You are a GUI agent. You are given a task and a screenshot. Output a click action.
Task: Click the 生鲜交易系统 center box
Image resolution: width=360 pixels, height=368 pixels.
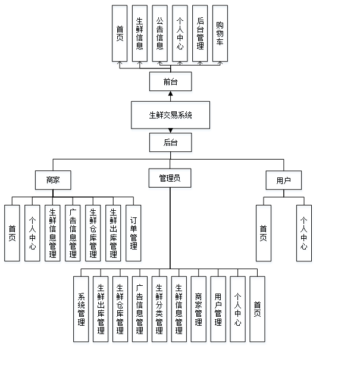[171, 116]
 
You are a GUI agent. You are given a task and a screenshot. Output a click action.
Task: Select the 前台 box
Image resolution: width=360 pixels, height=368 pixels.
[171, 83]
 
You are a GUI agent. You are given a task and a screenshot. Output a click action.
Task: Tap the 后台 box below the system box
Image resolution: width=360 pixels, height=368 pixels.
[171, 144]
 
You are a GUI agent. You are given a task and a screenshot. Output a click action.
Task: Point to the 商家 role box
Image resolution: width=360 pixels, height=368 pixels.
[54, 181]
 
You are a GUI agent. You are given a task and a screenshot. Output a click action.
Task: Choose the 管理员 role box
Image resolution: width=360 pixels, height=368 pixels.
[170, 179]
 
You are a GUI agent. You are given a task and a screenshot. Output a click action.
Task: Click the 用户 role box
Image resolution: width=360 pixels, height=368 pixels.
[284, 181]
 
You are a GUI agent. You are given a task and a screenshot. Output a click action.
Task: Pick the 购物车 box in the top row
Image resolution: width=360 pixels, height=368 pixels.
[220, 35]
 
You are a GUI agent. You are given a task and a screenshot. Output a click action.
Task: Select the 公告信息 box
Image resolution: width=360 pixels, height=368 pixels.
[160, 35]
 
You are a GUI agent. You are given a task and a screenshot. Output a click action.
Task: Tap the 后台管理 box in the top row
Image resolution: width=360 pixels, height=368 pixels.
[201, 35]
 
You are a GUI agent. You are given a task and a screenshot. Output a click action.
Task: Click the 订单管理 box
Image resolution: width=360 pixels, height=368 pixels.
[133, 234]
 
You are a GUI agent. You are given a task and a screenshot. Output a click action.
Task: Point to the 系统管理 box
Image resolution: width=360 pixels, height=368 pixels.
[82, 310]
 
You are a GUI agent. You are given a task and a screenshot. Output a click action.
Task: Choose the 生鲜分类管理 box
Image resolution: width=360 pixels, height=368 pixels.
[160, 310]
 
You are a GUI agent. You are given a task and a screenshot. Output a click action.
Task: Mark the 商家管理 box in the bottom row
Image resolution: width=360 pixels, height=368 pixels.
[199, 310]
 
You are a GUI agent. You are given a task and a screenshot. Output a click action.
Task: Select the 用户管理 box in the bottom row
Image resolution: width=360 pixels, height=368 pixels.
[218, 310]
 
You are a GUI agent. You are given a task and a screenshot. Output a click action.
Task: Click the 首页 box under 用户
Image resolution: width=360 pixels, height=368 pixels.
[264, 234]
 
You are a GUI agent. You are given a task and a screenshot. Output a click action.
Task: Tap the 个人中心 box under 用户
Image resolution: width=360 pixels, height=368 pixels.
[304, 234]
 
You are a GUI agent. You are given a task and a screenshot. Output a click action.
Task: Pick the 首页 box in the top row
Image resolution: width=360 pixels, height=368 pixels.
[120, 35]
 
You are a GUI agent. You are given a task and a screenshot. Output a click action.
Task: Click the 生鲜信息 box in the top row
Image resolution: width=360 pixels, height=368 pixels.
[140, 35]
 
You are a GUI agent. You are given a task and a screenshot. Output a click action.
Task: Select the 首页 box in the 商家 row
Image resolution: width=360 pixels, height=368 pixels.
[12, 234]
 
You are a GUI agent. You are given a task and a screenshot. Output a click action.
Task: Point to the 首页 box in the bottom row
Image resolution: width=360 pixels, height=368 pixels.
[258, 310]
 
